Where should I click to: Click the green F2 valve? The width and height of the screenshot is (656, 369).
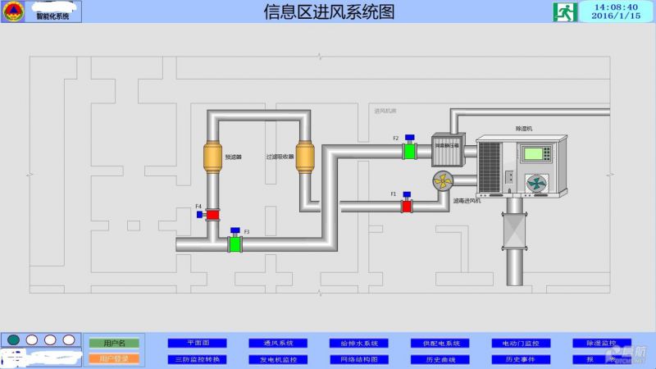coord(409,152)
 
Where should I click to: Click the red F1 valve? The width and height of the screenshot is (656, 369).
coord(406,206)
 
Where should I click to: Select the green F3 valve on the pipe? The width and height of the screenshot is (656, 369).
coord(235,244)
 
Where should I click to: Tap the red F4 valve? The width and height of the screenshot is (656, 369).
coord(212,215)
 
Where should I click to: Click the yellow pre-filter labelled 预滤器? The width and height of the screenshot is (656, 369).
coord(213,157)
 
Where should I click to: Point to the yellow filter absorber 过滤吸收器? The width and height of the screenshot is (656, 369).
coord(305,157)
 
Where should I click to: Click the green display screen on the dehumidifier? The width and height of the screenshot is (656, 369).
coord(536,153)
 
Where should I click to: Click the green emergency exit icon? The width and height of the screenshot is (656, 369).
coord(564,11)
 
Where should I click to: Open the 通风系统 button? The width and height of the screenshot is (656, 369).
coord(278,343)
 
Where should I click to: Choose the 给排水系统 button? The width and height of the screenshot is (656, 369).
coord(358,343)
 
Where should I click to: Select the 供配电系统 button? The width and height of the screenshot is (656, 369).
coord(440,343)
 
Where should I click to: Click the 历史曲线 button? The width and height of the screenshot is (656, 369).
coord(440,359)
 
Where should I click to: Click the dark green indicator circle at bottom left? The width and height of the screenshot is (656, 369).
coord(13,339)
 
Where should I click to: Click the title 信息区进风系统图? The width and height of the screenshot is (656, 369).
coord(329,11)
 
